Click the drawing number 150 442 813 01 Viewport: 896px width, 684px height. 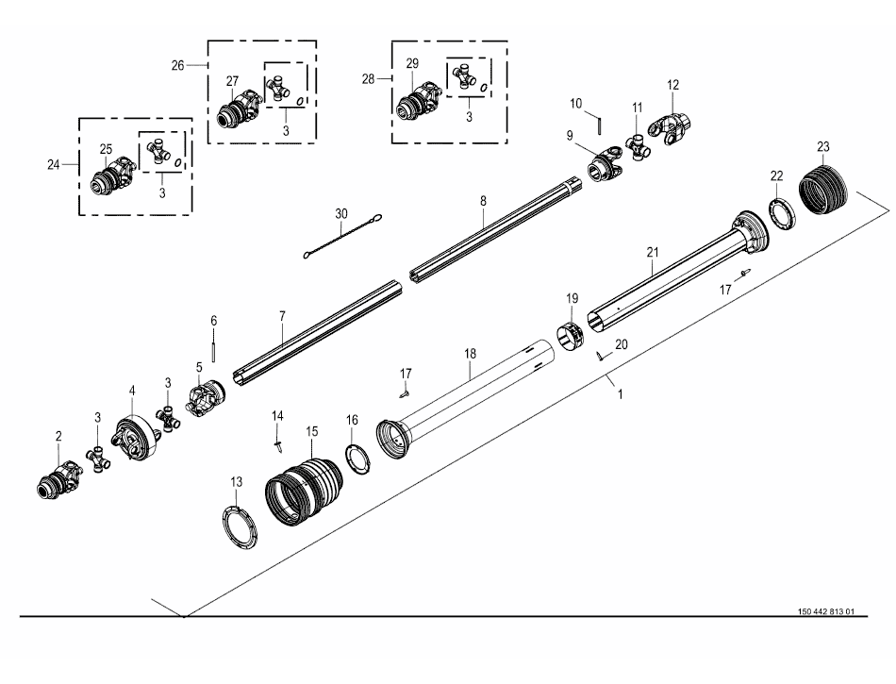point(825,611)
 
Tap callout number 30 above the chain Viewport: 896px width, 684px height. point(341,214)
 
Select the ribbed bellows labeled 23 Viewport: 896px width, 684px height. point(822,189)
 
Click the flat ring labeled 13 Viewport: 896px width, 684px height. point(240,526)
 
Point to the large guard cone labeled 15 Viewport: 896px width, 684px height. point(304,492)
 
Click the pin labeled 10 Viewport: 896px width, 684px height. point(599,125)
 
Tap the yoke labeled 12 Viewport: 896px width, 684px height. point(671,129)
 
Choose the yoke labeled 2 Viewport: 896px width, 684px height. point(59,479)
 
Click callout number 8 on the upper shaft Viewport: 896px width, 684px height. point(484,201)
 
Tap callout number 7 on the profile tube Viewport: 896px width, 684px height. point(282,316)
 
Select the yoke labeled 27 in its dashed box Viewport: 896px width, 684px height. point(240,108)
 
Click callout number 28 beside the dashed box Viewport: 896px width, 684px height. point(368,79)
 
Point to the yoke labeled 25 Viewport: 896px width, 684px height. point(114,175)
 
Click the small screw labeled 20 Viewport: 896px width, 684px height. point(600,356)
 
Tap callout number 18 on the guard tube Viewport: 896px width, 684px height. point(470,354)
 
